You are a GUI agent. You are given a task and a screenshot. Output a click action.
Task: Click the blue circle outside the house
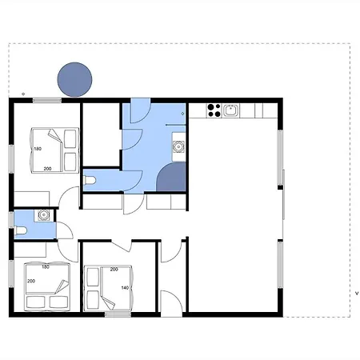(x=74, y=79)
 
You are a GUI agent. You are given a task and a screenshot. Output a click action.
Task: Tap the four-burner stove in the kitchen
(x=214, y=110)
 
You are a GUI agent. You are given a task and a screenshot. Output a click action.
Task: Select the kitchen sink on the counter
(x=230, y=110)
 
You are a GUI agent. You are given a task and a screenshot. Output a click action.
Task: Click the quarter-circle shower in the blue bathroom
(x=171, y=177)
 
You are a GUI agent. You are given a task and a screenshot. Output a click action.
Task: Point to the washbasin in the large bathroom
(x=178, y=146)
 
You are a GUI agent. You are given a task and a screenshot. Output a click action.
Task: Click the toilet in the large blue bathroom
(x=90, y=180)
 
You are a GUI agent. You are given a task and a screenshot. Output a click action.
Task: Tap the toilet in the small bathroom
(x=21, y=230)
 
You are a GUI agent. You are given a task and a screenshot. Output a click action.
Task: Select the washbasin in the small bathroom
(x=43, y=215)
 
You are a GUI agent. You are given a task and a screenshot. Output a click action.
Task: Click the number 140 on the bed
(x=125, y=288)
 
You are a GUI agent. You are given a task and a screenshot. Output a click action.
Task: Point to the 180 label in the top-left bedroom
(x=38, y=149)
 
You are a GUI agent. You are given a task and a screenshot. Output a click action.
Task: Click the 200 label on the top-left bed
(x=47, y=169)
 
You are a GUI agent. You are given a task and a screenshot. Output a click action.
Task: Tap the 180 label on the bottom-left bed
(x=46, y=266)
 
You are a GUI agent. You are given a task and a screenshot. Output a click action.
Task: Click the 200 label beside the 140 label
(x=114, y=270)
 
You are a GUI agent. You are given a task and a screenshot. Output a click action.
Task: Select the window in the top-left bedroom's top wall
(x=47, y=100)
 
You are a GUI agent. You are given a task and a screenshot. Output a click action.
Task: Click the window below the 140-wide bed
(x=118, y=314)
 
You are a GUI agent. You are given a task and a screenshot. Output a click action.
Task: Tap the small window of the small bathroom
(x=11, y=220)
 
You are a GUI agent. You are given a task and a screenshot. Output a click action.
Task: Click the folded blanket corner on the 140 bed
(x=108, y=303)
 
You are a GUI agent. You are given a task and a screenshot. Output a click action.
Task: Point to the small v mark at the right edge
(x=357, y=294)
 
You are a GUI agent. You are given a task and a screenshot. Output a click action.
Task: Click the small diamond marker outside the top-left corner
(x=23, y=94)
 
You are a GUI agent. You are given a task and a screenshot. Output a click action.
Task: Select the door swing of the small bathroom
(x=65, y=230)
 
